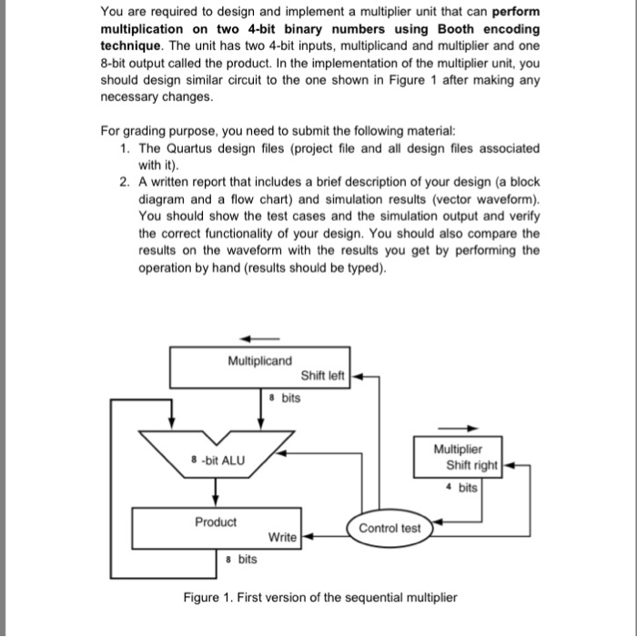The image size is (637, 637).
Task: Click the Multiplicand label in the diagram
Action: tap(259, 361)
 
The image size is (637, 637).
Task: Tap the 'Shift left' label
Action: tap(323, 376)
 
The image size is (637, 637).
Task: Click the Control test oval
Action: tap(390, 529)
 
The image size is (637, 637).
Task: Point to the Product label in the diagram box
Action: tap(216, 521)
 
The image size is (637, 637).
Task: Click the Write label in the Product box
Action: tap(282, 537)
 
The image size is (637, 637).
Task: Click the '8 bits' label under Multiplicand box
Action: tap(285, 398)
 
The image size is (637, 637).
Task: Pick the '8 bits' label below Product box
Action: tap(241, 559)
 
